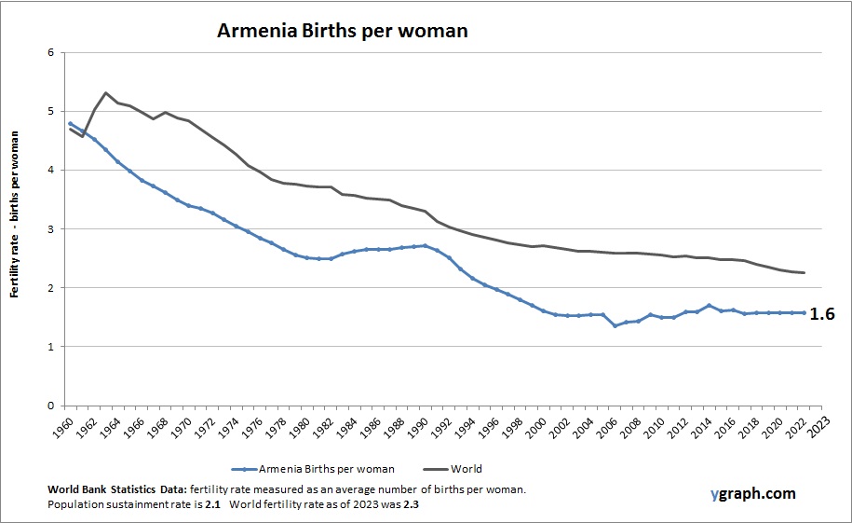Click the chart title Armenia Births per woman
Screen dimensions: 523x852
[x=342, y=30]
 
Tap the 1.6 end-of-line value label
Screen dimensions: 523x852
[x=822, y=314]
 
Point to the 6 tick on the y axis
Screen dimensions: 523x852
[x=50, y=52]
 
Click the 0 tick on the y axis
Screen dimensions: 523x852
[x=50, y=406]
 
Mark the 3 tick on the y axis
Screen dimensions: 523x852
[x=50, y=229]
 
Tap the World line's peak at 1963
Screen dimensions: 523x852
[x=106, y=92]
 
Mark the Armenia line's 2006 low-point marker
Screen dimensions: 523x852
[x=615, y=325]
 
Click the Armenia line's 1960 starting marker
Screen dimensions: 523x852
[x=71, y=123]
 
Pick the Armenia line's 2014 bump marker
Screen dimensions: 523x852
[x=710, y=305]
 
